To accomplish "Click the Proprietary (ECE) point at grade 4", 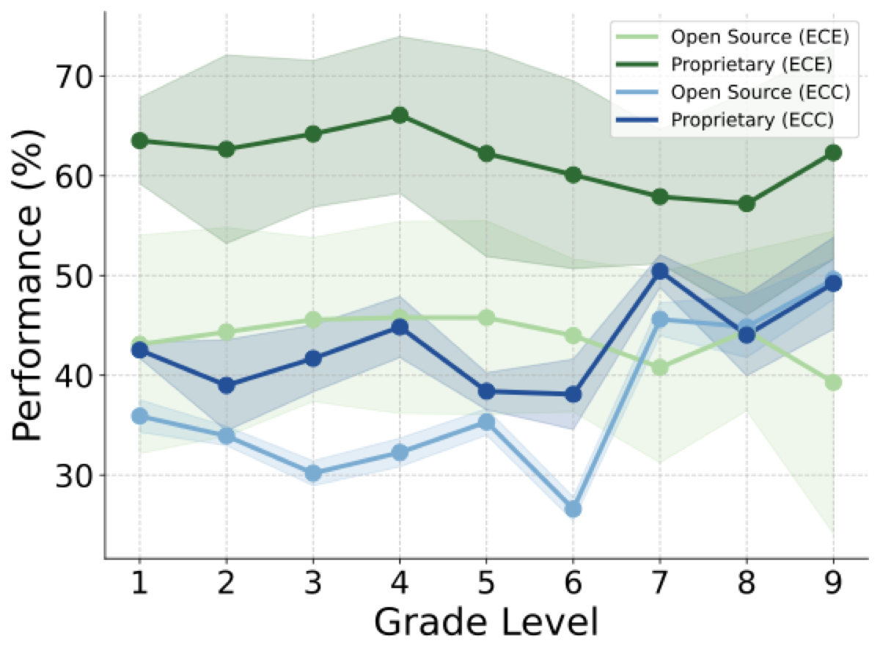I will click(400, 115).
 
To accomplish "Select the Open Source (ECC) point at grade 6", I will click(573, 509).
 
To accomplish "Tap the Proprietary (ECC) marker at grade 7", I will click(660, 272).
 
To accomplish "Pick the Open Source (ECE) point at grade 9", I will click(833, 382).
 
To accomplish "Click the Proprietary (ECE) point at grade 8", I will click(747, 203).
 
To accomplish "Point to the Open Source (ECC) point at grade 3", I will click(313, 473).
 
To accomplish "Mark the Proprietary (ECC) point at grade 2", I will click(226, 385).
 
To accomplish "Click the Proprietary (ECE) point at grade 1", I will click(139, 140).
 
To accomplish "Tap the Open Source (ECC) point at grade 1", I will click(139, 416).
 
